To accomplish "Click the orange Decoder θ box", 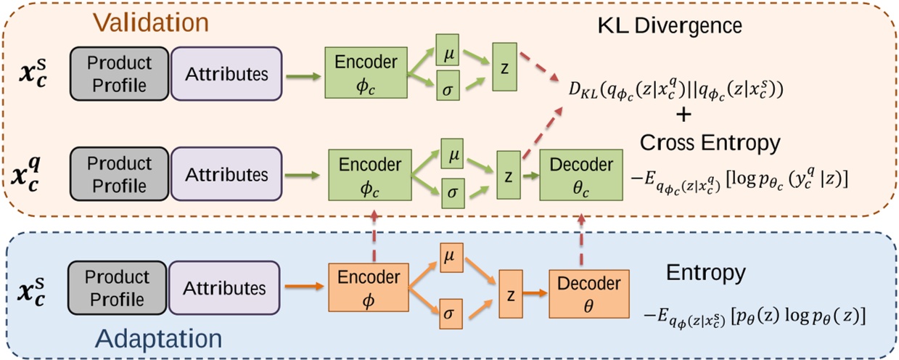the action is [588, 294].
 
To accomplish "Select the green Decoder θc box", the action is [581, 175].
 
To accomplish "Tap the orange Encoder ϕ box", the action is [369, 287].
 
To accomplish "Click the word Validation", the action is [152, 22].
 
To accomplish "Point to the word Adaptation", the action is [158, 339].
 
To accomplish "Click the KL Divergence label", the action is [670, 26].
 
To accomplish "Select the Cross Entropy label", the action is [710, 143].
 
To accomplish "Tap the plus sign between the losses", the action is [684, 115].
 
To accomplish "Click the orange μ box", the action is [451, 258].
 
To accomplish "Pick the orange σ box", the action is [451, 314].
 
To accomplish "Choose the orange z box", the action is [511, 294].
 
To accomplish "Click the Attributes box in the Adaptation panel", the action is [224, 287].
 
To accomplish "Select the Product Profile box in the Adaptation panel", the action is [117, 287].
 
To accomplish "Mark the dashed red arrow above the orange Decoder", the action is [581, 240].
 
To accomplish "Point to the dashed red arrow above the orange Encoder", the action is [374, 236].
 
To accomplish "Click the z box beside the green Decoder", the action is [509, 175].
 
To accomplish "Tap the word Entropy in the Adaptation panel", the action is [706, 273].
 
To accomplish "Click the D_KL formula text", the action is [676, 90].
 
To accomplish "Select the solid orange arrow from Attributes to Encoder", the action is [304, 286].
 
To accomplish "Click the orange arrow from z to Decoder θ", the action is [535, 293].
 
